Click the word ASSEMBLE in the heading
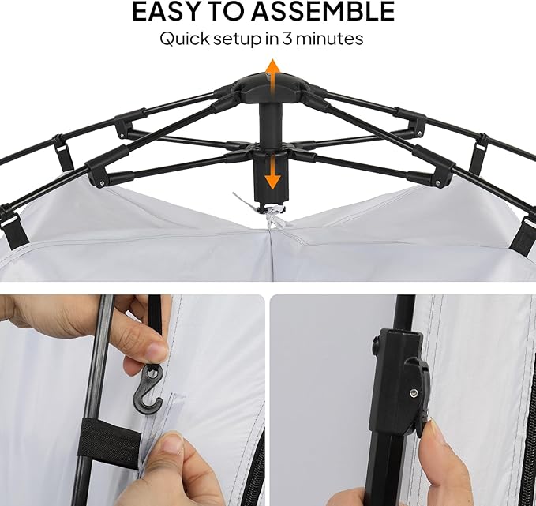coord(323,11)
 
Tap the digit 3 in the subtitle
coord(287,39)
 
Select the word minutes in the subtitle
coord(329,39)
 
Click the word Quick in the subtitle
coord(185,39)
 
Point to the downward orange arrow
coord(273,171)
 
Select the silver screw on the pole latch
coord(414,394)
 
